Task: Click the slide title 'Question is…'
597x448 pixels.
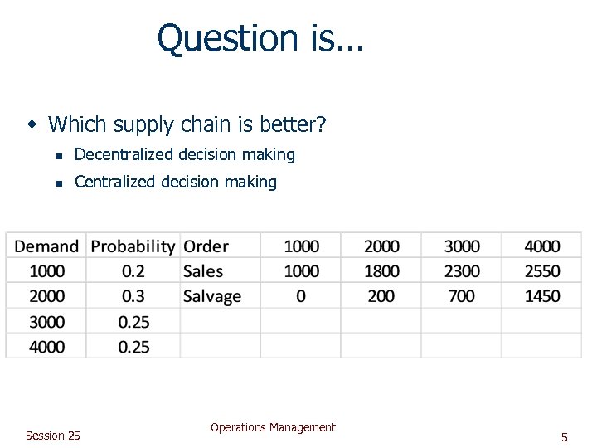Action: click(260, 39)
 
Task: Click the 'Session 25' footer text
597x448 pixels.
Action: click(53, 436)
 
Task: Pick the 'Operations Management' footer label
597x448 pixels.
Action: click(273, 427)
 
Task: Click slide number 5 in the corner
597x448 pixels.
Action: click(564, 437)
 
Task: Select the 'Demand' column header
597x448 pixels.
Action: click(46, 246)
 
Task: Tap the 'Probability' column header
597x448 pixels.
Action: click(133, 246)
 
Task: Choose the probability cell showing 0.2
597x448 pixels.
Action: click(133, 271)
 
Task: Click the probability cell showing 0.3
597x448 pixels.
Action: click(133, 296)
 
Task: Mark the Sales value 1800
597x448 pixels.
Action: click(381, 271)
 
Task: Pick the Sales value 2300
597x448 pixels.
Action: click(462, 271)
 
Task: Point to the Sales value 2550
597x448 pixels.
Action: click(542, 271)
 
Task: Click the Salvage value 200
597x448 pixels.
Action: click(381, 296)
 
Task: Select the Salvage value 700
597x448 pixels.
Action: click(462, 296)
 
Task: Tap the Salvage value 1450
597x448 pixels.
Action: click(542, 296)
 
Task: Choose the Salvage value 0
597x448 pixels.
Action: click(301, 296)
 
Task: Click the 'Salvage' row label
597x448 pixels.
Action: click(212, 296)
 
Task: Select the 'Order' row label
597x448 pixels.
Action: click(206, 246)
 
